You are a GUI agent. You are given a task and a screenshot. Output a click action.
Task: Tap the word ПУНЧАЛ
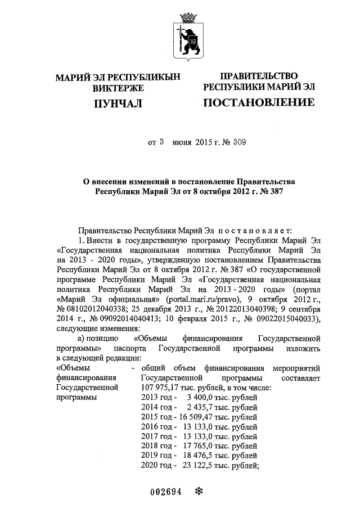click(x=118, y=103)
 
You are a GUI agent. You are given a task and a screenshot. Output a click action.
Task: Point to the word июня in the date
click(x=182, y=143)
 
